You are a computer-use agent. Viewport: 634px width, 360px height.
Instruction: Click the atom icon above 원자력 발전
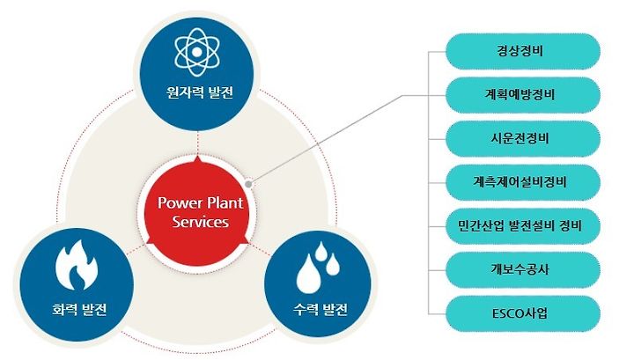pos(197,52)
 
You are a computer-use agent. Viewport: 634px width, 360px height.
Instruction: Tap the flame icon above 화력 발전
pos(77,265)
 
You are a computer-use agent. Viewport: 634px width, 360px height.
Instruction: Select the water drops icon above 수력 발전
pos(318,267)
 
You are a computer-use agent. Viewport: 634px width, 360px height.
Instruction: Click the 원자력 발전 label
pos(200,93)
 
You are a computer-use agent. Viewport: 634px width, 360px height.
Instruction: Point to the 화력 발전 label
pos(79,310)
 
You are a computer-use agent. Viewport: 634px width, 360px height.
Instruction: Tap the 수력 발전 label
pos(321,310)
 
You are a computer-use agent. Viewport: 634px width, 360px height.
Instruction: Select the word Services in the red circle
pos(201,222)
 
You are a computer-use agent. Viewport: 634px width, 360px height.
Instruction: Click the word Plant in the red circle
pos(225,202)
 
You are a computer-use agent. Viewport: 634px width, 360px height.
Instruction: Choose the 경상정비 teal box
pos(522,51)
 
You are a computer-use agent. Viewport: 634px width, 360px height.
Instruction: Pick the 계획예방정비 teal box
pos(522,95)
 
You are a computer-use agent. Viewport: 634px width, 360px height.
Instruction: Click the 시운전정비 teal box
pos(522,138)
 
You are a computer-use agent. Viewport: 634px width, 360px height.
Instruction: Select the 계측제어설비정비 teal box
pos(522,182)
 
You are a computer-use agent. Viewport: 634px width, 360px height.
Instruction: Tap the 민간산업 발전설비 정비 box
pos(522,226)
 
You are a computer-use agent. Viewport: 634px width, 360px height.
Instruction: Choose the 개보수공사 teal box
pos(522,269)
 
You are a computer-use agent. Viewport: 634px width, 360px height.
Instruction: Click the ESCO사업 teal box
pos(522,313)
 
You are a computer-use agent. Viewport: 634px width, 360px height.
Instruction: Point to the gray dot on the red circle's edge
pos(248,184)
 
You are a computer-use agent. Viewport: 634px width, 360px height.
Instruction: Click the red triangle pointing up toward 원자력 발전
pos(198,160)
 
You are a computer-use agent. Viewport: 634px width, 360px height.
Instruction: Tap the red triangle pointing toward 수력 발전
pos(244,240)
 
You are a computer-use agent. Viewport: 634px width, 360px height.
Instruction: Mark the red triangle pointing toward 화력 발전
pos(151,240)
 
